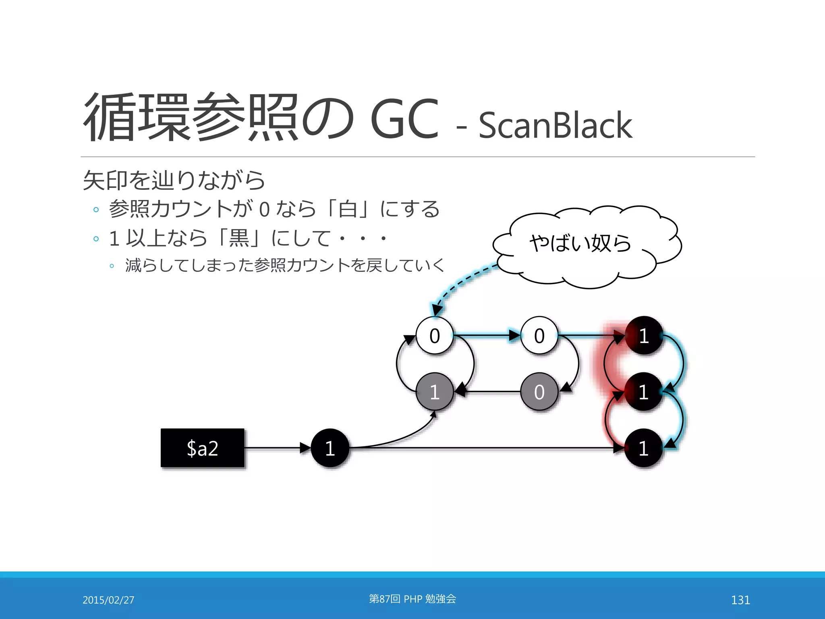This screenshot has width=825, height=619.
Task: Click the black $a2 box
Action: coord(203,448)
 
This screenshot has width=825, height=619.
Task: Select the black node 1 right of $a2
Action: coord(330,448)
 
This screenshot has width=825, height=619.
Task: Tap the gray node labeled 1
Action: coord(434,392)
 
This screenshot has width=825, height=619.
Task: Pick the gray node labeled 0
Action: coord(539,392)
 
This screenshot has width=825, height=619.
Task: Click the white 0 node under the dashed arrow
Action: coord(434,335)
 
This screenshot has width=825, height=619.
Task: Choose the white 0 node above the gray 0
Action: coord(539,335)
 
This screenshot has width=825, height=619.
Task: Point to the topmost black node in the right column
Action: coord(644,335)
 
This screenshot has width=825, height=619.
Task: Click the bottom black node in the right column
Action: coord(644,448)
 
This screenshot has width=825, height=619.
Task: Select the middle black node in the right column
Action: coord(644,392)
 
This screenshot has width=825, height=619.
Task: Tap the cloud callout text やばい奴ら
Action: coord(580,243)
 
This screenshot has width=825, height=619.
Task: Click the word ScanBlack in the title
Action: coord(555,125)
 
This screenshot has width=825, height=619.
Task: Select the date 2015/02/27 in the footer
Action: coord(108,600)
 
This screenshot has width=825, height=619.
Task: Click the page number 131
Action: coord(740,600)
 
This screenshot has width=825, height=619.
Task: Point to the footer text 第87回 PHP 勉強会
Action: coord(412,599)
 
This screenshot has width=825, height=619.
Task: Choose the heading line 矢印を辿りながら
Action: coord(174,180)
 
